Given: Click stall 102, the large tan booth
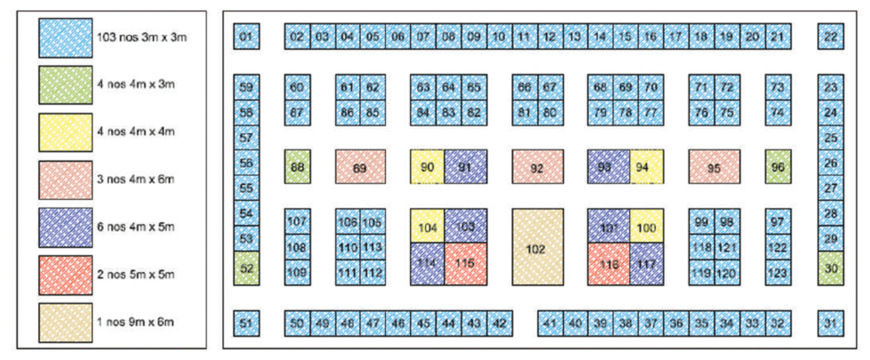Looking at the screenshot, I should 537,247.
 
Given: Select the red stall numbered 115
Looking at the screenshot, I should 465,264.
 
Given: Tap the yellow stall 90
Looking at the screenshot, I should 427,166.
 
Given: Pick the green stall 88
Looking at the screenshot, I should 297,166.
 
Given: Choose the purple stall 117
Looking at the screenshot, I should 646,264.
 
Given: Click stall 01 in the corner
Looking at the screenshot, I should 246,37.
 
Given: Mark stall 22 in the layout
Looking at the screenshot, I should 831,37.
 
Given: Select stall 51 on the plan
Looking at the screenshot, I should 246,323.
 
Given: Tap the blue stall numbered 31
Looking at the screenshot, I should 831,323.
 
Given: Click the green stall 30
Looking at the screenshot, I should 831,268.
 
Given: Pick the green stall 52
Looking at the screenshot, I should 246,268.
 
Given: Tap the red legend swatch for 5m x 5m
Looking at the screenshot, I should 65,275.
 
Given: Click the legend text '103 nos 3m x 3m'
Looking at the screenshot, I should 142,37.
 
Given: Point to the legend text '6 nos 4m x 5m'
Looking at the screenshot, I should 136,227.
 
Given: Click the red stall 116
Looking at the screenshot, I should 608,264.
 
